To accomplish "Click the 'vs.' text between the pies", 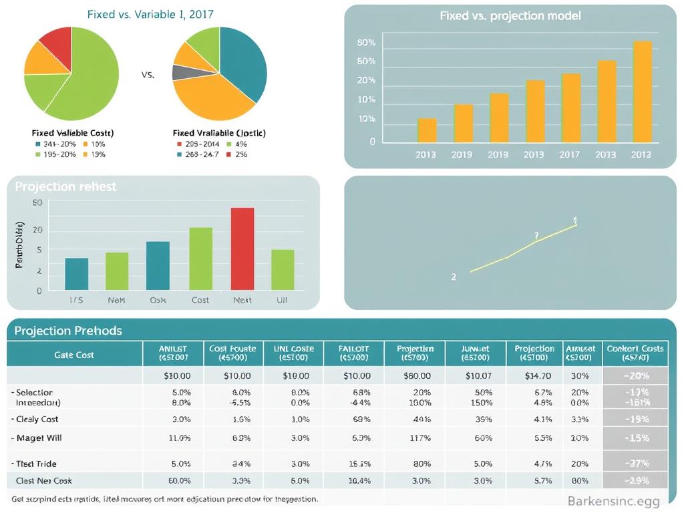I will pos(148,75).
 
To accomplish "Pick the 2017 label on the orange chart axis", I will pos(569,154).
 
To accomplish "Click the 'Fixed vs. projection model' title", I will pos(510,15).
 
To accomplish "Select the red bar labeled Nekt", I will pos(242,248).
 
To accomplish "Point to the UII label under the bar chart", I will pos(282,301).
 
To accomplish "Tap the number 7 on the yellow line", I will pos(536,235).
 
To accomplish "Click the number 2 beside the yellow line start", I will pos(454,277).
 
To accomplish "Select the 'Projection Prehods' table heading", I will pos(68,331).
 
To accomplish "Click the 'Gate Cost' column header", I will pos(74,355).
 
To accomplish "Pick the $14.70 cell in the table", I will pos(534,376).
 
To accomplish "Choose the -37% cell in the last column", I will pos(635,464).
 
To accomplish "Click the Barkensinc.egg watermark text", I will pos(613,501).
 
